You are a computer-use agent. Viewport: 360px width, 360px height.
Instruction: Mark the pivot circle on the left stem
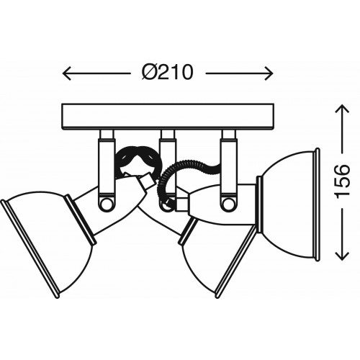click(x=106, y=204)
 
